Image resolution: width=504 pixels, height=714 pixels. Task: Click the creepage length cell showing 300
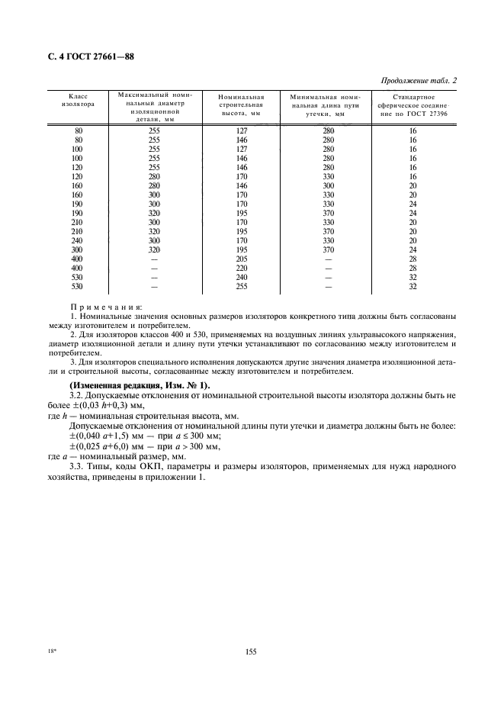coord(329,185)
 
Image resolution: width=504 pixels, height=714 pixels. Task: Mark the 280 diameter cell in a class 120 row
coord(154,175)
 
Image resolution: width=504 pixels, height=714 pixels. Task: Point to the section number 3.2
coord(76,397)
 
